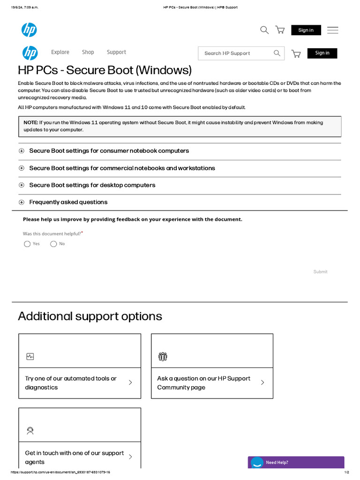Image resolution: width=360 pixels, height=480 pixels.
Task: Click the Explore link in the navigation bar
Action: click(60, 52)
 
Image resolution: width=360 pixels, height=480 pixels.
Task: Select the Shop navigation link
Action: click(88, 52)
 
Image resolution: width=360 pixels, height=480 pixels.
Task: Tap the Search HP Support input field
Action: click(234, 53)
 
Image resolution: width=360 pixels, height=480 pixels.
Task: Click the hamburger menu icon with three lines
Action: click(332, 30)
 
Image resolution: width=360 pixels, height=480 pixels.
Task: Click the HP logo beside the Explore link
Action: click(30, 53)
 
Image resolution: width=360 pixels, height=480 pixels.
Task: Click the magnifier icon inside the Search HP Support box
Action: click(277, 53)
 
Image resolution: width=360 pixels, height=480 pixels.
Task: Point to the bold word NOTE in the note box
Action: click(30, 122)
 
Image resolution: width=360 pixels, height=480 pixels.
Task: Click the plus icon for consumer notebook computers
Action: click(22, 151)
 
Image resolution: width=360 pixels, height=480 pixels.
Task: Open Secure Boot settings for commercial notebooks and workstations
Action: click(122, 168)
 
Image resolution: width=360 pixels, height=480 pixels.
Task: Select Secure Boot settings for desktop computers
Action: click(92, 185)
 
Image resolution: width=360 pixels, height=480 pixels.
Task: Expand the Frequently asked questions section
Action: click(68, 202)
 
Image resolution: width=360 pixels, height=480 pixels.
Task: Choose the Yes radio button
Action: click(27, 244)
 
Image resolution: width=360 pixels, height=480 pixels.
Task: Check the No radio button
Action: click(53, 244)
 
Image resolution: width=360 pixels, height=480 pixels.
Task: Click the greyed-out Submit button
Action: click(320, 272)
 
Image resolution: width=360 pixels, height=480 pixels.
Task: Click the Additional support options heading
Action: click(90, 316)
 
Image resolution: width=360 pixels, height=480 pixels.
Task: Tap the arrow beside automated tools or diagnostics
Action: click(130, 382)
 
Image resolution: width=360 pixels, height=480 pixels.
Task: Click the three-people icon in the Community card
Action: click(163, 357)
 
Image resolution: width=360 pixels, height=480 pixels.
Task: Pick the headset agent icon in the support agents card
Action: click(30, 431)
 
